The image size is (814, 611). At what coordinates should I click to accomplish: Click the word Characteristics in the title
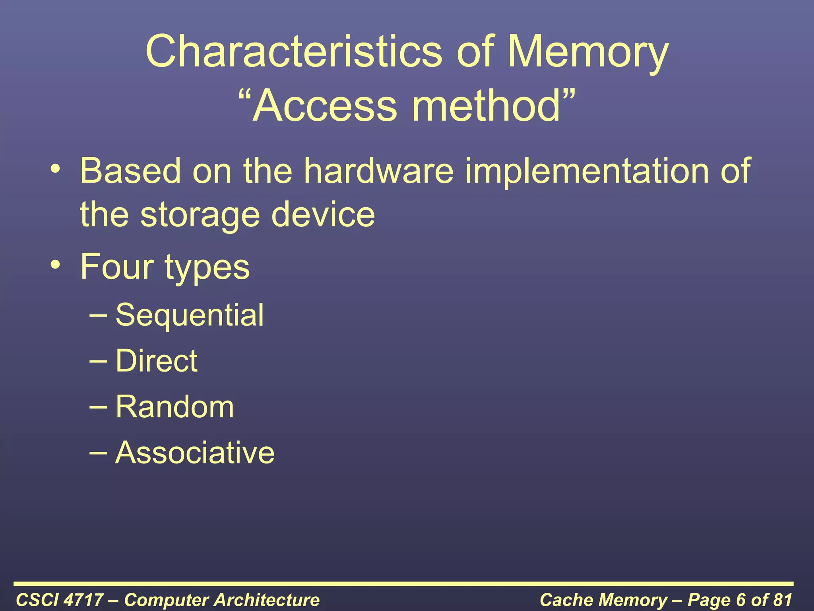click(x=294, y=52)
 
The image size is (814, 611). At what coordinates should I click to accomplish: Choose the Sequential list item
click(x=190, y=315)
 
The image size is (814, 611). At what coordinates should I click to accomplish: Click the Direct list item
click(x=157, y=361)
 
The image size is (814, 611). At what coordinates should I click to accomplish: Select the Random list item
click(x=175, y=407)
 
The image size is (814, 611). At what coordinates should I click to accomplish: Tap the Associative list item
click(x=195, y=453)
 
